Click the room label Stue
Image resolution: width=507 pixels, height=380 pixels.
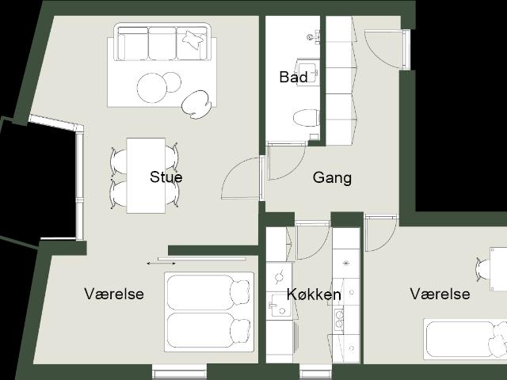coord(166,177)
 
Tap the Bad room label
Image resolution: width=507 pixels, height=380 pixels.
coord(293,77)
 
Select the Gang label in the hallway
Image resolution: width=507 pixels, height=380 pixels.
coord(332,178)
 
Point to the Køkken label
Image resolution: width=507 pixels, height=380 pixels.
coord(314,294)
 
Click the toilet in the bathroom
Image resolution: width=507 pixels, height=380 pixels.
coord(307,118)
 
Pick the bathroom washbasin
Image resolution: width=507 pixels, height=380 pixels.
coord(308,70)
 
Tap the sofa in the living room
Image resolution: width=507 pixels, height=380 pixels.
coord(162,42)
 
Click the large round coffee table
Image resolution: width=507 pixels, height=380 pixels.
coord(152,88)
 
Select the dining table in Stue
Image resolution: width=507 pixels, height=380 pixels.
coord(146,176)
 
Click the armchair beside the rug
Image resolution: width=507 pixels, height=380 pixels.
coord(196,104)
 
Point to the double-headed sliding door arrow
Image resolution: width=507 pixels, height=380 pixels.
coord(161,264)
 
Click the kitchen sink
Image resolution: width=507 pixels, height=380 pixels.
coord(279,306)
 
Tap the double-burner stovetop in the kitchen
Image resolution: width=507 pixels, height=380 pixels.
coord(339,318)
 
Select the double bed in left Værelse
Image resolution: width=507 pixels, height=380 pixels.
coord(209,312)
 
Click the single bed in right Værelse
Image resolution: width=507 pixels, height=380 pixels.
coord(465,339)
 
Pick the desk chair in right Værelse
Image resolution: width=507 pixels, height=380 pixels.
coord(483,269)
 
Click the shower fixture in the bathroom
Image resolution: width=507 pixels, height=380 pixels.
coord(314,36)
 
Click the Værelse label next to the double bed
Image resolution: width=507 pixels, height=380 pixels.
coord(114,294)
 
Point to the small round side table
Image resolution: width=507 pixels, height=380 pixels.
coord(172,82)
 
